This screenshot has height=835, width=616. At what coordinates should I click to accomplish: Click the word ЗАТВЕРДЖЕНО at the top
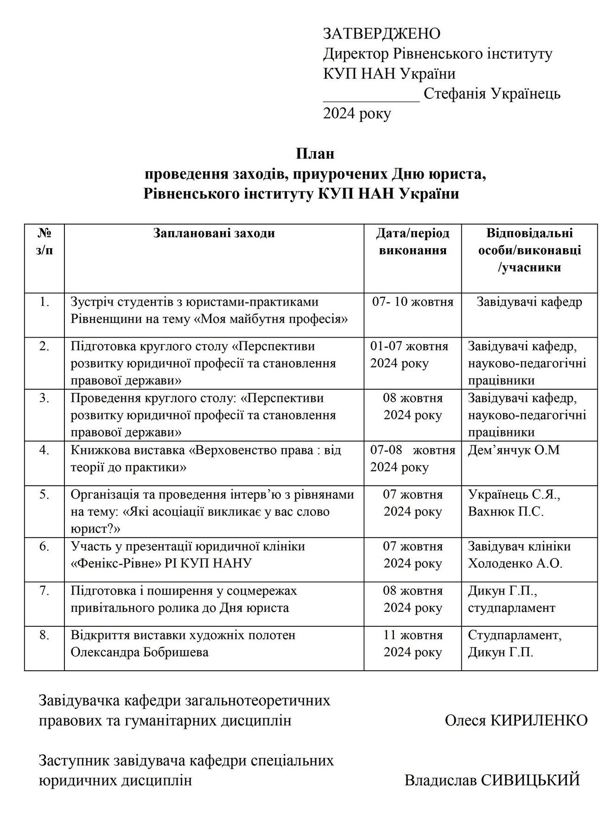[x=381, y=34]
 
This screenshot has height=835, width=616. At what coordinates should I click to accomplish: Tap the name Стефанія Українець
[x=492, y=94]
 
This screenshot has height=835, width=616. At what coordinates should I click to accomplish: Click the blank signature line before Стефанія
[x=371, y=97]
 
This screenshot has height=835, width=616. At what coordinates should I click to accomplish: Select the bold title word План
[x=315, y=154]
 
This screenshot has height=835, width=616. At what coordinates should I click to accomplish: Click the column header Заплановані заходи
[x=214, y=233]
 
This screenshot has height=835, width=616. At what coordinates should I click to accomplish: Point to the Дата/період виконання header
[x=413, y=242]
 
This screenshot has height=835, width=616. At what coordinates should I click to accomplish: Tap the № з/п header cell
[x=44, y=242]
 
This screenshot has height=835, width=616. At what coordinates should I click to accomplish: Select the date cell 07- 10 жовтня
[x=413, y=302]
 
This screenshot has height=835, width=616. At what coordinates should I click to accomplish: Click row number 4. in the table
[x=44, y=450]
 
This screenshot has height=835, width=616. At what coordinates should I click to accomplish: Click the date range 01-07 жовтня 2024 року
[x=409, y=355]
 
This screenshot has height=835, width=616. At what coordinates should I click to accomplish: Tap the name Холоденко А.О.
[x=515, y=564]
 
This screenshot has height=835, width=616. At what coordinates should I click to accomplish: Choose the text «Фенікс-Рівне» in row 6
[x=123, y=564]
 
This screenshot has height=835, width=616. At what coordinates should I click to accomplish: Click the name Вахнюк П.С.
[x=506, y=512]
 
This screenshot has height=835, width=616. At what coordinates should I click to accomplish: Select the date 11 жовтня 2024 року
[x=413, y=644]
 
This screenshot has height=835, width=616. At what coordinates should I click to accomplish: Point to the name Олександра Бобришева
[x=140, y=652]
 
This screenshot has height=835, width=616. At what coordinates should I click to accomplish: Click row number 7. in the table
[x=44, y=591]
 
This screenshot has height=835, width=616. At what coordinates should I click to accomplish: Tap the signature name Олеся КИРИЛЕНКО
[x=516, y=720]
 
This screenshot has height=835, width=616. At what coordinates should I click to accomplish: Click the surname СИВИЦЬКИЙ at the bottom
[x=531, y=780]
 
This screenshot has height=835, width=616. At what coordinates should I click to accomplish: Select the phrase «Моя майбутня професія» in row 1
[x=271, y=319]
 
